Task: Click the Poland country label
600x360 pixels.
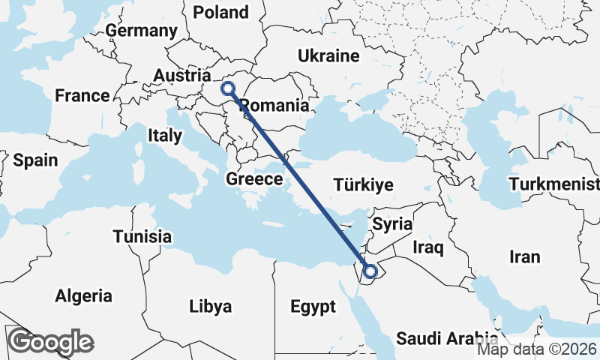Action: coord(220,12)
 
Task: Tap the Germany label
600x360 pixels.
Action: coord(142,31)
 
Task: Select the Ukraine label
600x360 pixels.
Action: coord(328,56)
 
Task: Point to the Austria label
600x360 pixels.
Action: coord(181,76)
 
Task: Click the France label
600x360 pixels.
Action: coord(82,96)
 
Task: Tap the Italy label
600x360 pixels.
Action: coord(165,136)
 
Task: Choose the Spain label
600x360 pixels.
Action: coord(35,160)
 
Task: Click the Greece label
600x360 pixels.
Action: coord(254,179)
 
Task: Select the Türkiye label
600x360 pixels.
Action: coord(364,185)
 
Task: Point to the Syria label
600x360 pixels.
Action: coord(392,223)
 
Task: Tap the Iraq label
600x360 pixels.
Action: coord(429,246)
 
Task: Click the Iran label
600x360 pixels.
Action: coord(524,256)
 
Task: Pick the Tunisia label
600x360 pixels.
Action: coord(142,237)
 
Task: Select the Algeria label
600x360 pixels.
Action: coord(84,295)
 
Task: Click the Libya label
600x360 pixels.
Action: coord(211,306)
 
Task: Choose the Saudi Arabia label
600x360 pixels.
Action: coord(447,337)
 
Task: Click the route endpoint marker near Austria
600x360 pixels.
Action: coord(228,88)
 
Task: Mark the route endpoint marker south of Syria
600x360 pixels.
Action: coord(370,271)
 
